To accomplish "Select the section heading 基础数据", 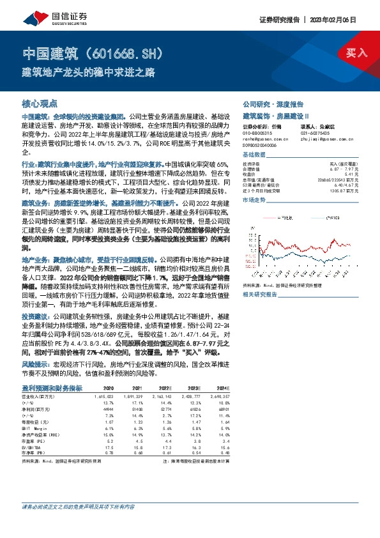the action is (254, 155).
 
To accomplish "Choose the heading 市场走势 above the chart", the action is (254, 199).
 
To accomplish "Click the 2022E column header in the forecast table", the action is (165, 388).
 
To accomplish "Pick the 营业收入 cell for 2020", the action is (104, 396).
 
